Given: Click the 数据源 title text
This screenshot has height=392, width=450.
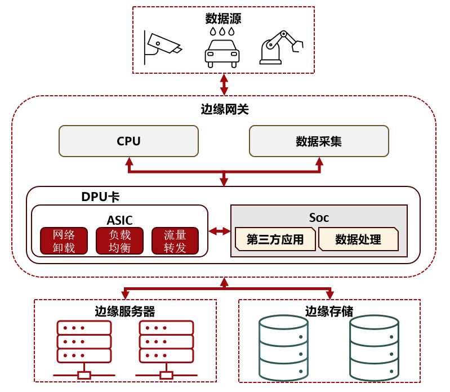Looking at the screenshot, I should [224, 19].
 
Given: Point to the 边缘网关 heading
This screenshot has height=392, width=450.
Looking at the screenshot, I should [224, 109].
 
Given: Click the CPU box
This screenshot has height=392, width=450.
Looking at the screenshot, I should [128, 141].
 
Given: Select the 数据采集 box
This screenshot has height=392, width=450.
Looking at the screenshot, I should [319, 141].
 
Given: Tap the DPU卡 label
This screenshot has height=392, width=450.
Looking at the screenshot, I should [100, 197].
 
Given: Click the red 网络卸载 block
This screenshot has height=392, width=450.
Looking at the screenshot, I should [64, 241].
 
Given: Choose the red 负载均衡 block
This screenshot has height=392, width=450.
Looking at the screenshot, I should [119, 241].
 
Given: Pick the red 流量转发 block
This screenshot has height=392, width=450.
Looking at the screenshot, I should [175, 241].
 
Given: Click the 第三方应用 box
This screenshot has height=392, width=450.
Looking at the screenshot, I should [275, 239].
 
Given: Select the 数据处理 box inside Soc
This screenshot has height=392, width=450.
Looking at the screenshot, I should [358, 239].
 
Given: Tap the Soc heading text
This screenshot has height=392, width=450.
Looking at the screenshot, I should [319, 217].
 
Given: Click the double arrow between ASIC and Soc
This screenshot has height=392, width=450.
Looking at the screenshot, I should [220, 231].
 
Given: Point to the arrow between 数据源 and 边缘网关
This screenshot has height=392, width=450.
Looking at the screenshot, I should [224, 84].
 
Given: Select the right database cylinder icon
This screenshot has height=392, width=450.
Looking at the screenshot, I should [374, 348].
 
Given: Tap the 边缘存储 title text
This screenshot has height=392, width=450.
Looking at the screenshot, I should [329, 311].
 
